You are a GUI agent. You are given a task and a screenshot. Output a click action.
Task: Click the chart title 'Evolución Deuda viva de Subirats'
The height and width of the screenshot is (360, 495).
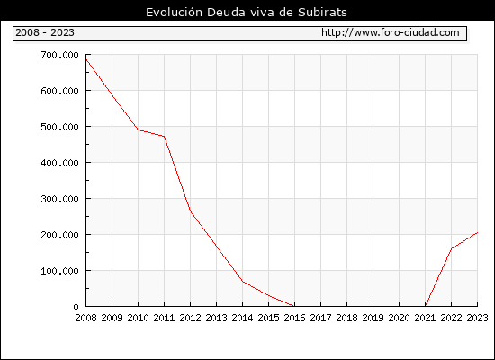[247, 13]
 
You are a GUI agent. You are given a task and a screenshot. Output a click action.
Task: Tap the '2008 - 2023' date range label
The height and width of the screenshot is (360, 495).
[45, 32]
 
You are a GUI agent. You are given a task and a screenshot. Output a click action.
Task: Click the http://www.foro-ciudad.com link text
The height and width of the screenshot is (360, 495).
[391, 32]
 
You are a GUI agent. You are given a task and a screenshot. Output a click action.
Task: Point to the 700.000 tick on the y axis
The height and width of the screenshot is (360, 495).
[59, 55]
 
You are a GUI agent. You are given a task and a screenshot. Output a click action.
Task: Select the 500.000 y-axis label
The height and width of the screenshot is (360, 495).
[59, 127]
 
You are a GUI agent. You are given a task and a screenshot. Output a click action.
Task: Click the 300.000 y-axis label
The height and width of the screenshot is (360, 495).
[59, 199]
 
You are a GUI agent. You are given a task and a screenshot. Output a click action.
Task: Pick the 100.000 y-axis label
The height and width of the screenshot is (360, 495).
[59, 271]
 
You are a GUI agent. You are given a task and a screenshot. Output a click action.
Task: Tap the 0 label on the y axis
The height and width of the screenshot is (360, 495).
[76, 307]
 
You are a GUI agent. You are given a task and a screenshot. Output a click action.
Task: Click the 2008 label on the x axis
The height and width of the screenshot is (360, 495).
[85, 318]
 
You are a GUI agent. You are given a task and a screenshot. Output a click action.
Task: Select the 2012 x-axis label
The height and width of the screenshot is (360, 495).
[191, 318]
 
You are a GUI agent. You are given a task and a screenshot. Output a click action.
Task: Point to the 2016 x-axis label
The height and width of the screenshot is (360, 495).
[294, 318]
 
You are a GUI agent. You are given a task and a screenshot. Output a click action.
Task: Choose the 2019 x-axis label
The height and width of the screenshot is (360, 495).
[373, 318]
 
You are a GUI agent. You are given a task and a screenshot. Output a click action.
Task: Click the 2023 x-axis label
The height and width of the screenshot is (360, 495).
[477, 318]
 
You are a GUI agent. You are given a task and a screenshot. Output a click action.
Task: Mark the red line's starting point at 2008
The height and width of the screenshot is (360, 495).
[86, 59]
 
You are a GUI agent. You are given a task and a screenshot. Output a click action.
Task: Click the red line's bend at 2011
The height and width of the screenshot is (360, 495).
[164, 137]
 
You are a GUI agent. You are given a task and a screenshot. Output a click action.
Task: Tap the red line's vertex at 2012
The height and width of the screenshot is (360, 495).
[191, 211]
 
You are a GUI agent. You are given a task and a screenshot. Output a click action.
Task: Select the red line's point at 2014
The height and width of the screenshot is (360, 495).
[242, 282]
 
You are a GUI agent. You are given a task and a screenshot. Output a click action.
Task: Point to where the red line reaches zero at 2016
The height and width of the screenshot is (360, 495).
[294, 306]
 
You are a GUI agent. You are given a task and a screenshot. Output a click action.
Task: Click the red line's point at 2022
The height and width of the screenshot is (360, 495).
[452, 248]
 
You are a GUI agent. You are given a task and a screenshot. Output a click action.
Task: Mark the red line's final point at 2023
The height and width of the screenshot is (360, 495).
[477, 232]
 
